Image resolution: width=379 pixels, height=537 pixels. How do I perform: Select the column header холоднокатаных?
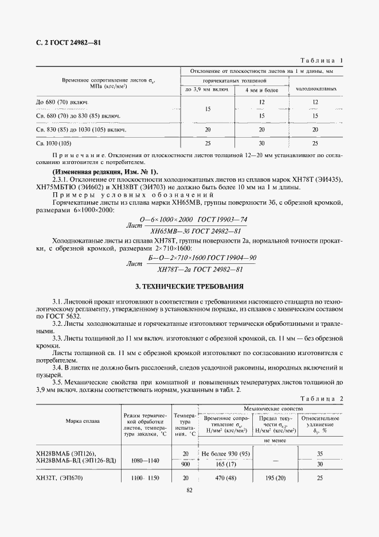(x=315, y=89)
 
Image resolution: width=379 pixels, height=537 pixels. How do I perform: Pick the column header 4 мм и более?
(x=261, y=90)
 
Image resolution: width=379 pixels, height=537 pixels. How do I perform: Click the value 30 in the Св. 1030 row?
(x=261, y=142)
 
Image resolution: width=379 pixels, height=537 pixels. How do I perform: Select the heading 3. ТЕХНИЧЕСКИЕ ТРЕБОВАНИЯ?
(x=189, y=286)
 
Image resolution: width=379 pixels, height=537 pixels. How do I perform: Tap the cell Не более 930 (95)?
(x=225, y=454)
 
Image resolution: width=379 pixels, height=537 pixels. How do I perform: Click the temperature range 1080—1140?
(x=145, y=460)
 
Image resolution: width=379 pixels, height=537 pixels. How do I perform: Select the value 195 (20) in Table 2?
(x=275, y=478)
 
